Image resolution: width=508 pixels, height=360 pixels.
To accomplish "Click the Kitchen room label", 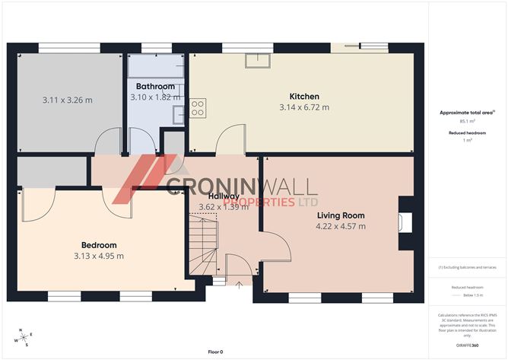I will [304, 97].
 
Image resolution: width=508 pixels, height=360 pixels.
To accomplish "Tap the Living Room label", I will [341, 215].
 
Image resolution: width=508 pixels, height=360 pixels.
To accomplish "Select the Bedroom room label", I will [99, 245].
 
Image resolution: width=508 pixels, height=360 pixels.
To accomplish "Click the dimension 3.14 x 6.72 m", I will [304, 107].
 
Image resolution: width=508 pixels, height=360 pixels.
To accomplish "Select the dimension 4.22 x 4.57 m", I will [341, 226].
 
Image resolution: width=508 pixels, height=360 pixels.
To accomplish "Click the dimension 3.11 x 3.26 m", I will [68, 100].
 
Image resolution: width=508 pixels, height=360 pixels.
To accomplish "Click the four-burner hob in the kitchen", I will [197, 108].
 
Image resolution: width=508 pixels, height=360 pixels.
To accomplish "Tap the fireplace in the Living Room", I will [408, 221].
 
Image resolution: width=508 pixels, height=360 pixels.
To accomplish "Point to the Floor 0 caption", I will [215, 352].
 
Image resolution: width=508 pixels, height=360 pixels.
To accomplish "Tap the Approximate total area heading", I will [466, 112].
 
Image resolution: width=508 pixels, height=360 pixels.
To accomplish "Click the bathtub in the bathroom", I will [156, 65].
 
